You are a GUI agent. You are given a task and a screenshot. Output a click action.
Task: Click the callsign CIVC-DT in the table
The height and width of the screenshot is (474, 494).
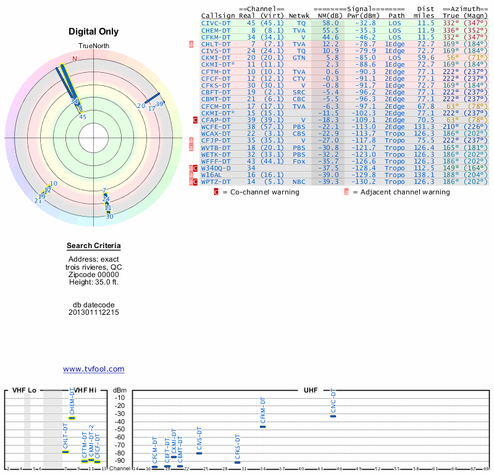click(216, 23)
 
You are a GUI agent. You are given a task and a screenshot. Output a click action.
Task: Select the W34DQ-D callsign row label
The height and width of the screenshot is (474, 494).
click(216, 168)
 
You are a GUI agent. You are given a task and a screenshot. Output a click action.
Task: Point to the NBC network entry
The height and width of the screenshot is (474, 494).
click(299, 182)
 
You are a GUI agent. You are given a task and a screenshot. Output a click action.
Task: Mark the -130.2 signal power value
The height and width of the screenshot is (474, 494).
click(364, 182)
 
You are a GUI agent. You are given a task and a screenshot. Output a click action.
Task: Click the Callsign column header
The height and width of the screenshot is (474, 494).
click(218, 15)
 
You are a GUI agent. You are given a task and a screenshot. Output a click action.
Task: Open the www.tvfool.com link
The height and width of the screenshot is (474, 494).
click(94, 369)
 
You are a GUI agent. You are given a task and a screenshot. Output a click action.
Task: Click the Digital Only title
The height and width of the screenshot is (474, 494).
click(94, 31)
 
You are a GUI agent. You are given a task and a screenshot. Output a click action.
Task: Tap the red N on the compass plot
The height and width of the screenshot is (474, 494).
click(75, 59)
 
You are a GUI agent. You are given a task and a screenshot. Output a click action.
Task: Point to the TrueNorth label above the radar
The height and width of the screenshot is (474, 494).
click(93, 46)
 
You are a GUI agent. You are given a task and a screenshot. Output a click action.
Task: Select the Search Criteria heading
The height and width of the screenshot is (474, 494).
click(94, 246)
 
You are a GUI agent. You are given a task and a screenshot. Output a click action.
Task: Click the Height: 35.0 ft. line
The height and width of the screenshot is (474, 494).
click(94, 282)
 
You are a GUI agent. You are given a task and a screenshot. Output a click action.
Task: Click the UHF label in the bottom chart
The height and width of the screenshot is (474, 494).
click(311, 391)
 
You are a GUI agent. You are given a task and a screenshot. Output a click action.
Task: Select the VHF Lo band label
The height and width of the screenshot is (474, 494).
click(24, 391)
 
